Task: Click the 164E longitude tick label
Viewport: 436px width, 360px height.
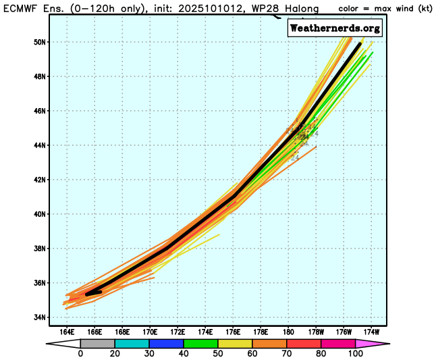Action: pos(66,332)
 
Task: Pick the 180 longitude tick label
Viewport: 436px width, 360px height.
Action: pos(288,332)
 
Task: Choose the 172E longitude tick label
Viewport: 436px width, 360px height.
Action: pos(178,332)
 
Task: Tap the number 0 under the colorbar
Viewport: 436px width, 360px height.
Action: pos(80,354)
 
